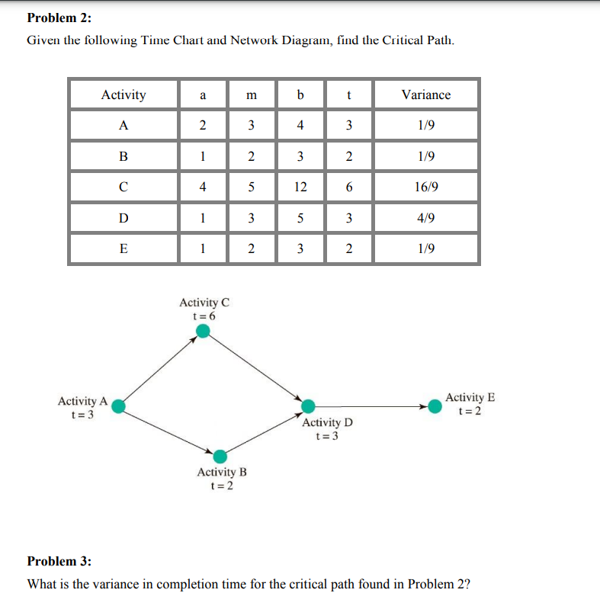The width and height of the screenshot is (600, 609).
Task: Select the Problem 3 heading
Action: tap(59, 562)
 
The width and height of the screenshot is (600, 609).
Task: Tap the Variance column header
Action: tap(425, 95)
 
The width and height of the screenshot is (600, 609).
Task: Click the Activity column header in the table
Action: tap(124, 95)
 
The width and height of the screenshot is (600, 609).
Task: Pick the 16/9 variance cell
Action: tap(425, 187)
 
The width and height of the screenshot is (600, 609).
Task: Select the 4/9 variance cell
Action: tap(425, 218)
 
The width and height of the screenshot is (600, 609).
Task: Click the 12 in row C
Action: tap(300, 187)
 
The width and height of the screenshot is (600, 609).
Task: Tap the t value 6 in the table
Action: tap(348, 187)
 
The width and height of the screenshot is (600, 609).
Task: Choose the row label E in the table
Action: tap(124, 248)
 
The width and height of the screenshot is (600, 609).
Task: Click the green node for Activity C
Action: tap(203, 330)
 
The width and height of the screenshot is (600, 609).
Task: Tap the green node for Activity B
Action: tap(220, 457)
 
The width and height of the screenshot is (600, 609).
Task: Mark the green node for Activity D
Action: tap(309, 406)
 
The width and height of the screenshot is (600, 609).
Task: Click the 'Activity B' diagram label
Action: tap(222, 473)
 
